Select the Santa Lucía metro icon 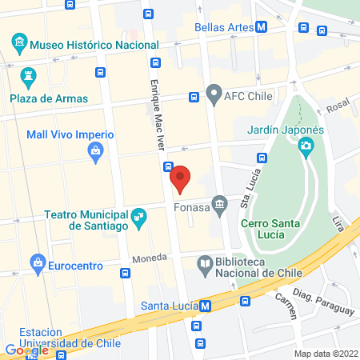[x=206, y=306]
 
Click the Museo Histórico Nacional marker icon [x=18, y=42]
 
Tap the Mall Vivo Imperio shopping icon [x=95, y=150]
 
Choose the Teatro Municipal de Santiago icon [x=139, y=215]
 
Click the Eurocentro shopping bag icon [x=37, y=261]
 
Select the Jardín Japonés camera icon [x=306, y=146]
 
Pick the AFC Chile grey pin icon [x=213, y=95]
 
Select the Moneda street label [x=150, y=260]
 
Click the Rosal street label [x=338, y=104]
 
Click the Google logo [x=26, y=350]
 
